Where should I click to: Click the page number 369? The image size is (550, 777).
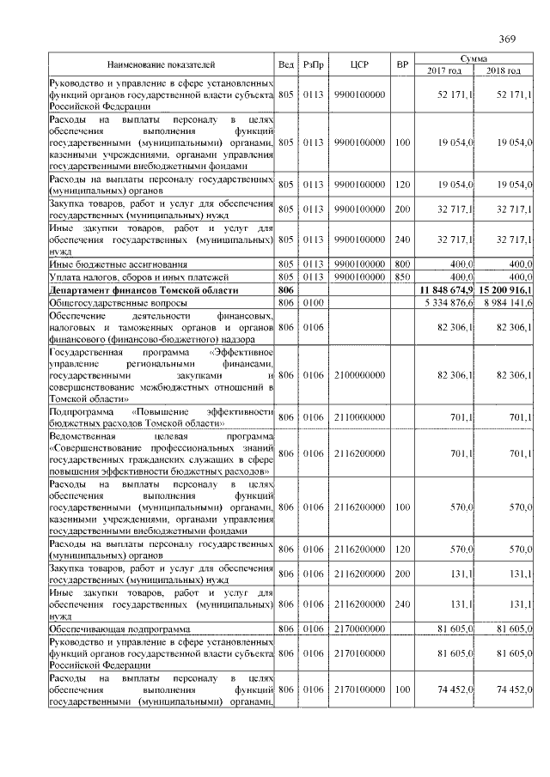tap(507, 39)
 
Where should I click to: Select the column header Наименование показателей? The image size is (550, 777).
tap(161, 64)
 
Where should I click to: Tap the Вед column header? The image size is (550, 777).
tap(286, 64)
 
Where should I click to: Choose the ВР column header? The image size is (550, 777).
tap(401, 64)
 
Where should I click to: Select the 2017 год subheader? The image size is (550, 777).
tap(444, 70)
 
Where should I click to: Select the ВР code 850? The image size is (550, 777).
tap(401, 278)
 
